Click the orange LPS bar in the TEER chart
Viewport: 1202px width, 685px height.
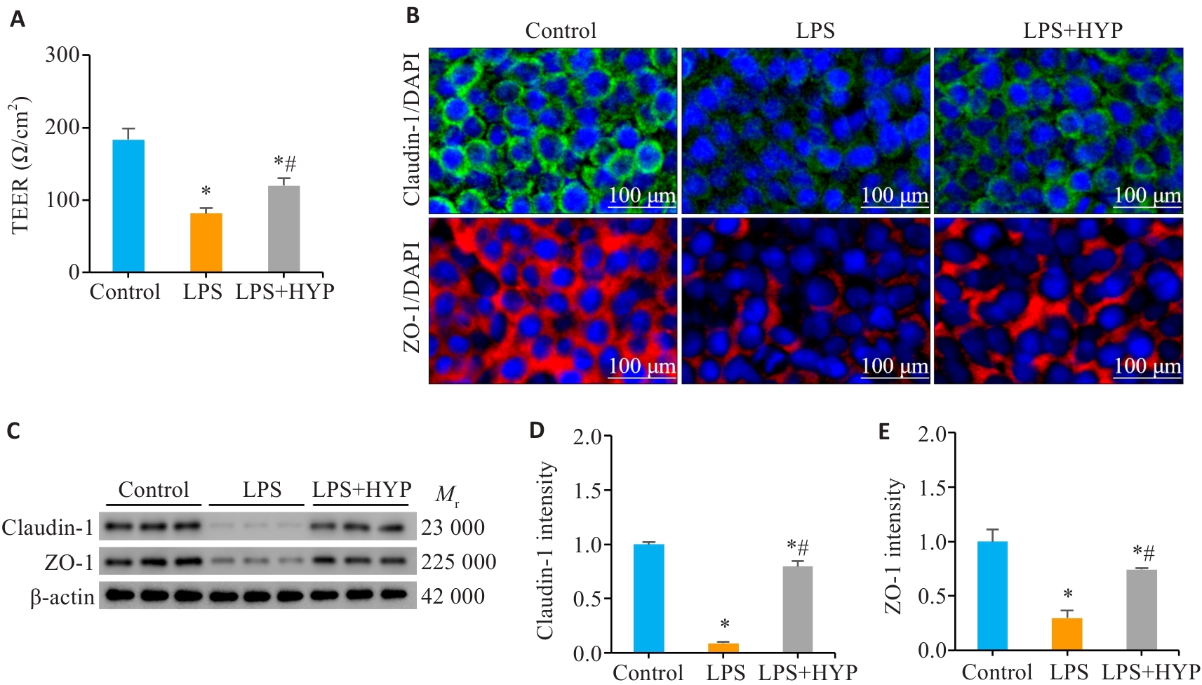tap(206, 242)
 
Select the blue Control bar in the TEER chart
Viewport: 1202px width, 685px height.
tap(128, 206)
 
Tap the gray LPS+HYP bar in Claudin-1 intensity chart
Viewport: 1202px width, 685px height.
tap(797, 608)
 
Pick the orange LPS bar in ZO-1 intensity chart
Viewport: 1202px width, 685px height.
tap(1067, 633)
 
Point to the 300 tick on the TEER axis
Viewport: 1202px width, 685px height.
tap(62, 55)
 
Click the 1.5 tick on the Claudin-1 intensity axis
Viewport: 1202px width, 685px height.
tap(587, 491)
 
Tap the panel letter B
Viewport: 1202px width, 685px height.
tap(413, 15)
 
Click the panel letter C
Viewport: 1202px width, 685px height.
tap(13, 430)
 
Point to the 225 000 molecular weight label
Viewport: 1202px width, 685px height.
tap(458, 562)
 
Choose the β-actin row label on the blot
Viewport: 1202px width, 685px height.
tap(62, 597)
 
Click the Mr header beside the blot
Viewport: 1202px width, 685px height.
tap(447, 495)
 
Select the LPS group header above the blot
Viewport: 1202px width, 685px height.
tap(262, 489)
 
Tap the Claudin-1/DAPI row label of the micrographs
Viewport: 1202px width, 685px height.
tap(412, 128)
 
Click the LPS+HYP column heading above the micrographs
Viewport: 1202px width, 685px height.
tap(1072, 30)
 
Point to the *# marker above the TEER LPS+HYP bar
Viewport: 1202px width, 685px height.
tap(285, 164)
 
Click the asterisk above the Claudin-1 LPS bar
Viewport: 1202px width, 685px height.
tap(725, 624)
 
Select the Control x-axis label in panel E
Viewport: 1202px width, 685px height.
tap(996, 672)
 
